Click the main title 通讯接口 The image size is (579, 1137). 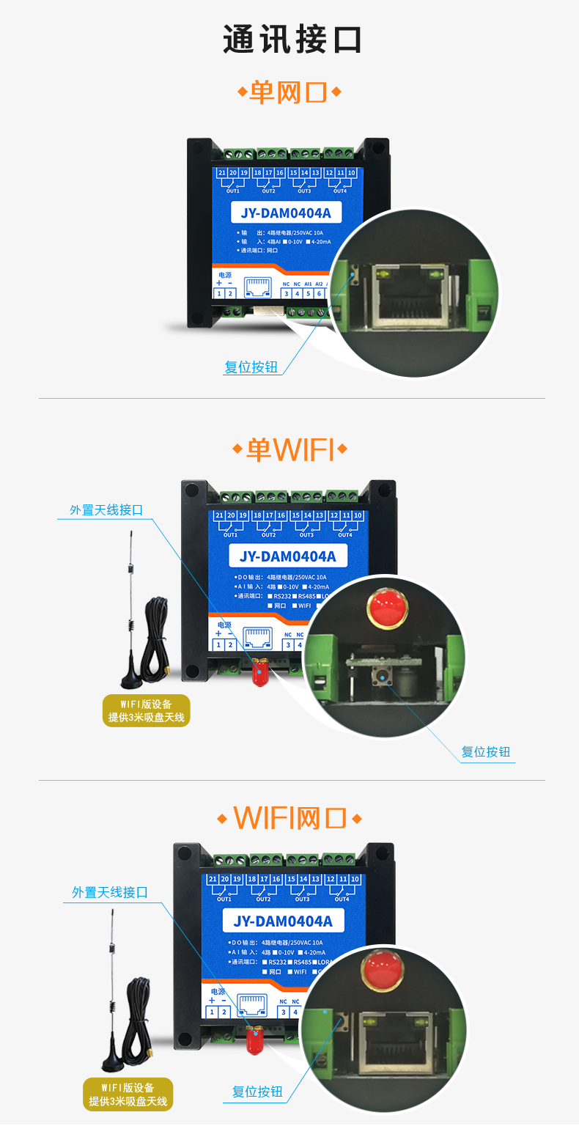[x=292, y=40]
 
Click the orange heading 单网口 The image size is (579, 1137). [x=289, y=92]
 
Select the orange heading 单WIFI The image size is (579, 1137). [x=289, y=449]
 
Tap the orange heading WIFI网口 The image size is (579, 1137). [x=289, y=817]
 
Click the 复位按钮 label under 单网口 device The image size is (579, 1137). [x=251, y=367]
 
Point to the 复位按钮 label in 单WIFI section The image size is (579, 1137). [x=485, y=752]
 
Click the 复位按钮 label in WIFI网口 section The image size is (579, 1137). [x=257, y=1092]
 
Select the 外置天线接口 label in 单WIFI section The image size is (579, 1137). [x=106, y=510]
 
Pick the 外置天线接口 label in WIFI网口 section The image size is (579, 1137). [x=110, y=892]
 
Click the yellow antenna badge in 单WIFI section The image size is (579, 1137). [x=147, y=710]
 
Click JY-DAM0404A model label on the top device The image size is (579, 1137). [x=286, y=213]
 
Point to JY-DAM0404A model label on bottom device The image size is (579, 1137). [x=283, y=921]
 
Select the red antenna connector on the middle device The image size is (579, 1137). [x=258, y=673]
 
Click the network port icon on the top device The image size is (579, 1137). [x=257, y=287]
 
